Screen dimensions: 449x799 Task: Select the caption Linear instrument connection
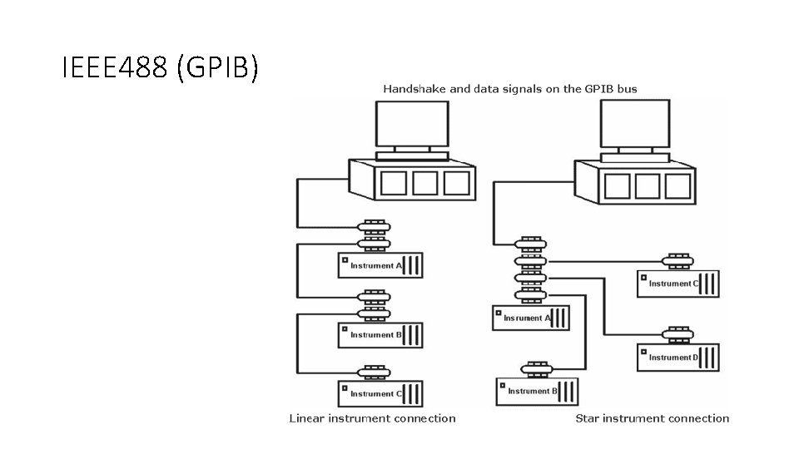(372, 418)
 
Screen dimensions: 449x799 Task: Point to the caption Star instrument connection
(652, 418)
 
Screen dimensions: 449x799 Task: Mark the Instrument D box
(677, 357)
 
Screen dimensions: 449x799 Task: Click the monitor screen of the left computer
(412, 125)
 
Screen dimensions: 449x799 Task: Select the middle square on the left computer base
(424, 184)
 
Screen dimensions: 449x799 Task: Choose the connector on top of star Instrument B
(537, 368)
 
